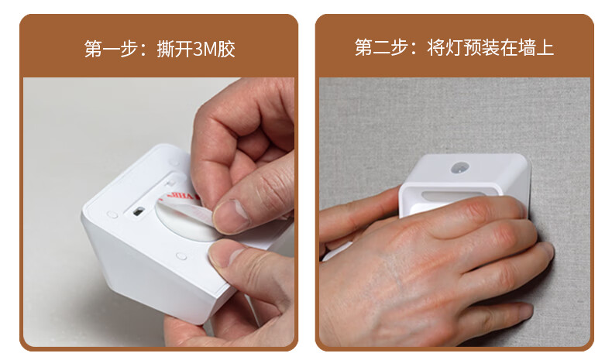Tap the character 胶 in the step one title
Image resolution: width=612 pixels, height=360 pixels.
coord(227,49)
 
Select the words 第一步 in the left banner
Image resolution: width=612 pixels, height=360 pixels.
coord(111,49)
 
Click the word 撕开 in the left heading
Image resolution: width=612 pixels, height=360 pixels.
coord(175,49)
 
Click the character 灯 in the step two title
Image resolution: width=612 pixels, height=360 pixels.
coord(454,47)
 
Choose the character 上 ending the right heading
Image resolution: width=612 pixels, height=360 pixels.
coord(545,47)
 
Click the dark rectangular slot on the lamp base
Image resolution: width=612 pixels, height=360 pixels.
coord(137,211)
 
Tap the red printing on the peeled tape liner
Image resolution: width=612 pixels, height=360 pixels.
coord(181,196)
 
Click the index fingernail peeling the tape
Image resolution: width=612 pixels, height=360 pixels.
coord(231,214)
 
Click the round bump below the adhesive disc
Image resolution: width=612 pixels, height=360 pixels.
coord(181,256)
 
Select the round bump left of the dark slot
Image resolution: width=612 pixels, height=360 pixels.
coord(112,214)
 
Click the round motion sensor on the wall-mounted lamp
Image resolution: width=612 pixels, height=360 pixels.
coord(460,167)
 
